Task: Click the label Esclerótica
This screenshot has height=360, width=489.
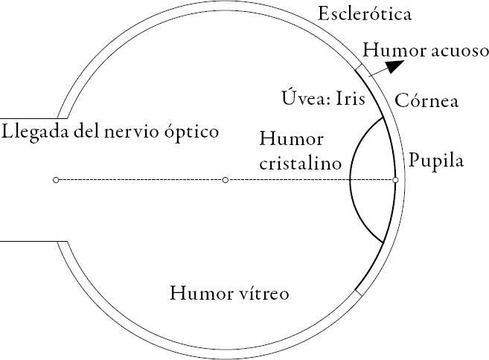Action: (365, 13)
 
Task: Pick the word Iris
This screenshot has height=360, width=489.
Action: (349, 98)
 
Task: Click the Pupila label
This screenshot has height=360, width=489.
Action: (436, 161)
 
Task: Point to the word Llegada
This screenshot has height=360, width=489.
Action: (34, 132)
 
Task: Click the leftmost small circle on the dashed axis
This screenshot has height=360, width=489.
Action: (56, 180)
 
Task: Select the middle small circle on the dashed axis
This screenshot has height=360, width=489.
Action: (226, 180)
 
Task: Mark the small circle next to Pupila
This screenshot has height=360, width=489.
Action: (395, 180)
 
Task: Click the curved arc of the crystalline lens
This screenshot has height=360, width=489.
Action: (351, 179)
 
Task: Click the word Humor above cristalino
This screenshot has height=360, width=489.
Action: (284, 139)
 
